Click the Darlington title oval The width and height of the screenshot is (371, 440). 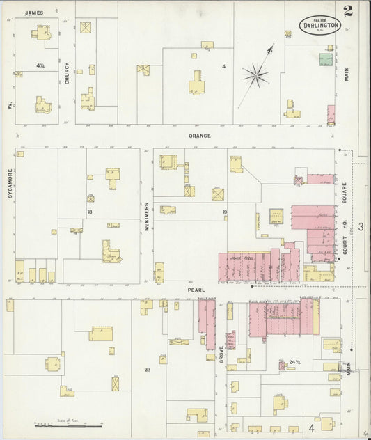pos(320,25)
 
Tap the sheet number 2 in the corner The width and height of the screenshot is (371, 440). pos(347,10)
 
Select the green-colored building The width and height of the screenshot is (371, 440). pos(325,60)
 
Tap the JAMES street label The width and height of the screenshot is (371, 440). pos(33,13)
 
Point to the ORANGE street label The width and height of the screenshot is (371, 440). pos(199,136)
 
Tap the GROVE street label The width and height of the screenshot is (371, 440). pos(222,352)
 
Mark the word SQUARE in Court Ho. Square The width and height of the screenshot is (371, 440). pos(345,198)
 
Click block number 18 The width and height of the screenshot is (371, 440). pos(90,212)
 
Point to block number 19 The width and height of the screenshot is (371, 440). pos(224,212)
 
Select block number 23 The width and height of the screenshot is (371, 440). pos(147,370)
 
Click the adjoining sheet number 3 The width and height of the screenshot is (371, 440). pos(360,227)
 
